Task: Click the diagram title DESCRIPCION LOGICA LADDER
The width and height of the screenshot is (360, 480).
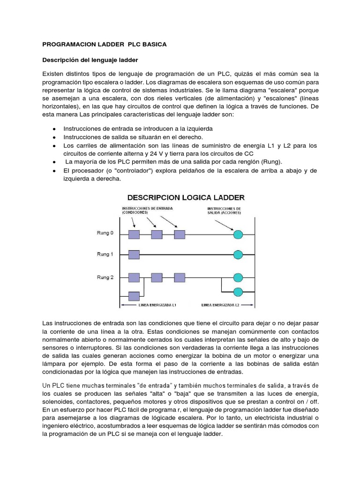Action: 183,197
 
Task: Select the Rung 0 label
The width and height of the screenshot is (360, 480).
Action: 105,233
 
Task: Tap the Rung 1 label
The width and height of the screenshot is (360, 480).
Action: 105,254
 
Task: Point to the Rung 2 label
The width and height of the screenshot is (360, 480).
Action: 105,277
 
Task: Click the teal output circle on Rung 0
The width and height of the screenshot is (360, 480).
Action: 238,234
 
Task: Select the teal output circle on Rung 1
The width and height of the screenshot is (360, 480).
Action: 238,255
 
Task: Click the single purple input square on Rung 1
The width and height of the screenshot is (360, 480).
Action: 134,255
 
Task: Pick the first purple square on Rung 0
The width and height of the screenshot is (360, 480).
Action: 134,234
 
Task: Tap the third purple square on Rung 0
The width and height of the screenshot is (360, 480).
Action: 179,234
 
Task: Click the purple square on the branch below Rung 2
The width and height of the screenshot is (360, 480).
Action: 134,296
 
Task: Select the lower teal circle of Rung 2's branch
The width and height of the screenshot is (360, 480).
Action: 238,292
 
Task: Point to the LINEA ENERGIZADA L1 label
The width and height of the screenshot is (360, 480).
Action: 157,305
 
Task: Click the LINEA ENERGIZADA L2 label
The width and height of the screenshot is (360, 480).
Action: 220,305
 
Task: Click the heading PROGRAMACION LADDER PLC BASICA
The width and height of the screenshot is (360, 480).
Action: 104,44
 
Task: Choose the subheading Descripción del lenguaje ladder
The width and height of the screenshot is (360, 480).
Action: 90,60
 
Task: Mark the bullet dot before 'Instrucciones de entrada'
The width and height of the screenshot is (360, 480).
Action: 55,128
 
